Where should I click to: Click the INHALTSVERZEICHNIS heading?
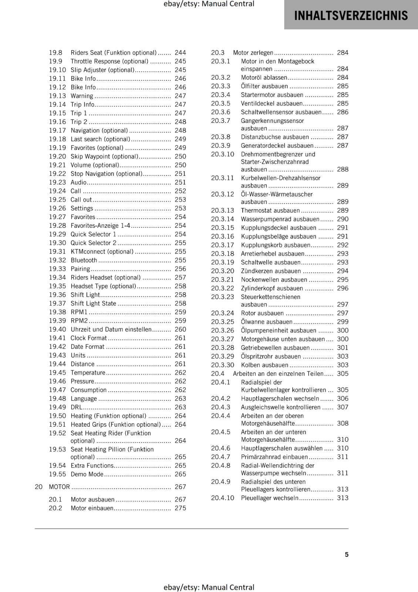(351, 16)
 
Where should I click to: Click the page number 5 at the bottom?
(347, 554)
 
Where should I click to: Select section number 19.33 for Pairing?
(57, 269)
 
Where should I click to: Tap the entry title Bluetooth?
(84, 260)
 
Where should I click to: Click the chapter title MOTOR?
(59, 487)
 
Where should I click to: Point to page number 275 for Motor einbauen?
(180, 508)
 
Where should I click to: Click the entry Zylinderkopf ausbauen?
(272, 288)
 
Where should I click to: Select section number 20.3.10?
(222, 154)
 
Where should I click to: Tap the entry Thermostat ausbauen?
(270, 211)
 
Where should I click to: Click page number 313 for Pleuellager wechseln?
(343, 498)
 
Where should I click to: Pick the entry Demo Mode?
(87, 474)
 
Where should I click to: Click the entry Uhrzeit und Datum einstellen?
(111, 329)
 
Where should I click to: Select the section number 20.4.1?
(220, 382)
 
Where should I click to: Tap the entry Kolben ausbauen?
(264, 365)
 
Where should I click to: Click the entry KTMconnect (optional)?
(102, 252)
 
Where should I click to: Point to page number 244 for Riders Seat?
(180, 53)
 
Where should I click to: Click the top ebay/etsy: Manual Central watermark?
(209, 4)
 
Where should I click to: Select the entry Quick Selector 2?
(93, 243)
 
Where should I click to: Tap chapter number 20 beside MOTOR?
(38, 487)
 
